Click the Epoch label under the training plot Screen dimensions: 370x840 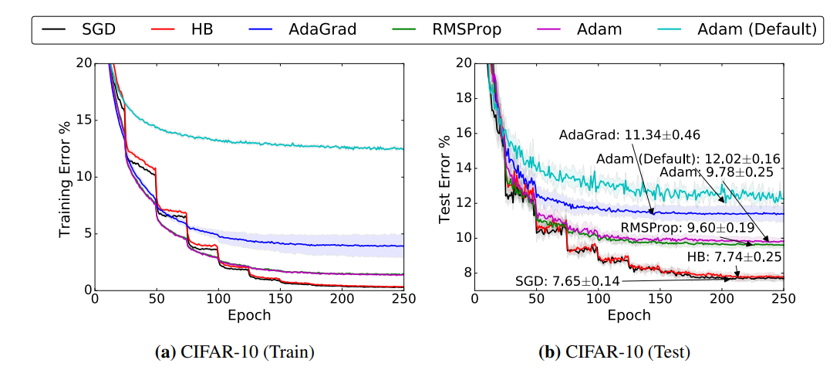[x=248, y=315]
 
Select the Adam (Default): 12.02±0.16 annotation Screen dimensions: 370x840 [x=688, y=158]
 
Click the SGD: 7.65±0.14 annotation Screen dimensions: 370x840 [x=568, y=281]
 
